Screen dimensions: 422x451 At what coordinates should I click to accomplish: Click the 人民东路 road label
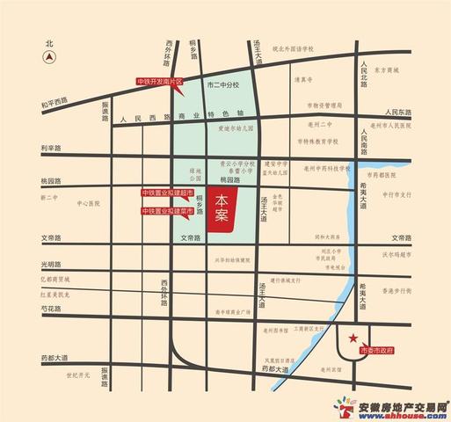pyautogui.click(x=400, y=113)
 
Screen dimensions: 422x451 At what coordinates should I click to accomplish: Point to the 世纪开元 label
pyautogui.click(x=78, y=374)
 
